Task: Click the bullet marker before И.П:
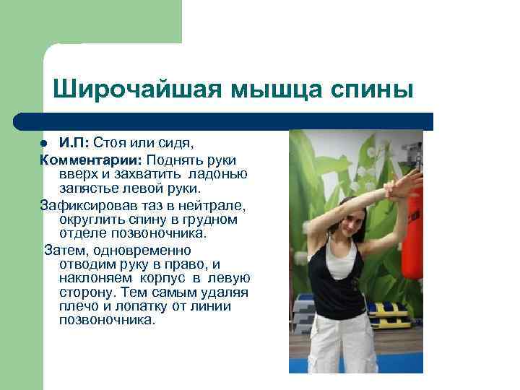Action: pos(44,142)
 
